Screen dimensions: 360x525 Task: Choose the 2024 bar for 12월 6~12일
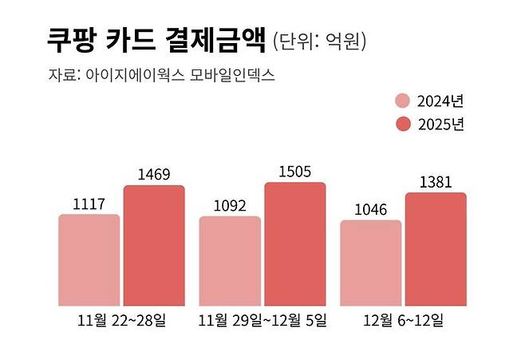coord(371,263)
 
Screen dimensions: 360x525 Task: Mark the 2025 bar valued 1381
coord(436,249)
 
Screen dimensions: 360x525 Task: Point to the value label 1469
coord(154,174)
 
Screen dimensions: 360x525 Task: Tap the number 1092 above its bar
coord(230,205)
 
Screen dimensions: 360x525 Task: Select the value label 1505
coord(295,171)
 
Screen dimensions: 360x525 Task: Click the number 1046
coord(371,209)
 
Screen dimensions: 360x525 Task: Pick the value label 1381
coord(436,181)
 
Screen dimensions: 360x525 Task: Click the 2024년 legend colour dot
coord(403,101)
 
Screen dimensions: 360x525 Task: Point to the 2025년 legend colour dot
coord(403,124)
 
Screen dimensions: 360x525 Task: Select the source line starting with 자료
coord(162,76)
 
